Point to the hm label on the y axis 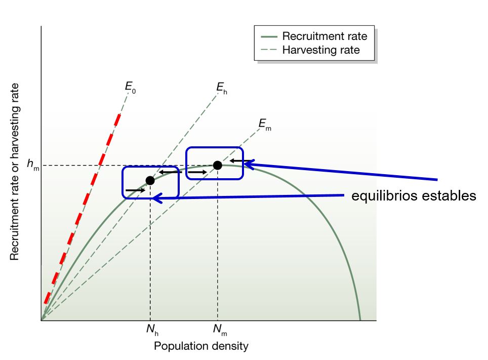click(32, 164)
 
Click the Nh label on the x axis click(152, 330)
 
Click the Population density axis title click(201, 346)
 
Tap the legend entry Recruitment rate click(324, 36)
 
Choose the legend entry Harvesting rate click(321, 50)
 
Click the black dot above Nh click(150, 180)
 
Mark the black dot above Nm click(217, 165)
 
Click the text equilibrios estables click(414, 196)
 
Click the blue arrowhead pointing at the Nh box click(158, 198)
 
